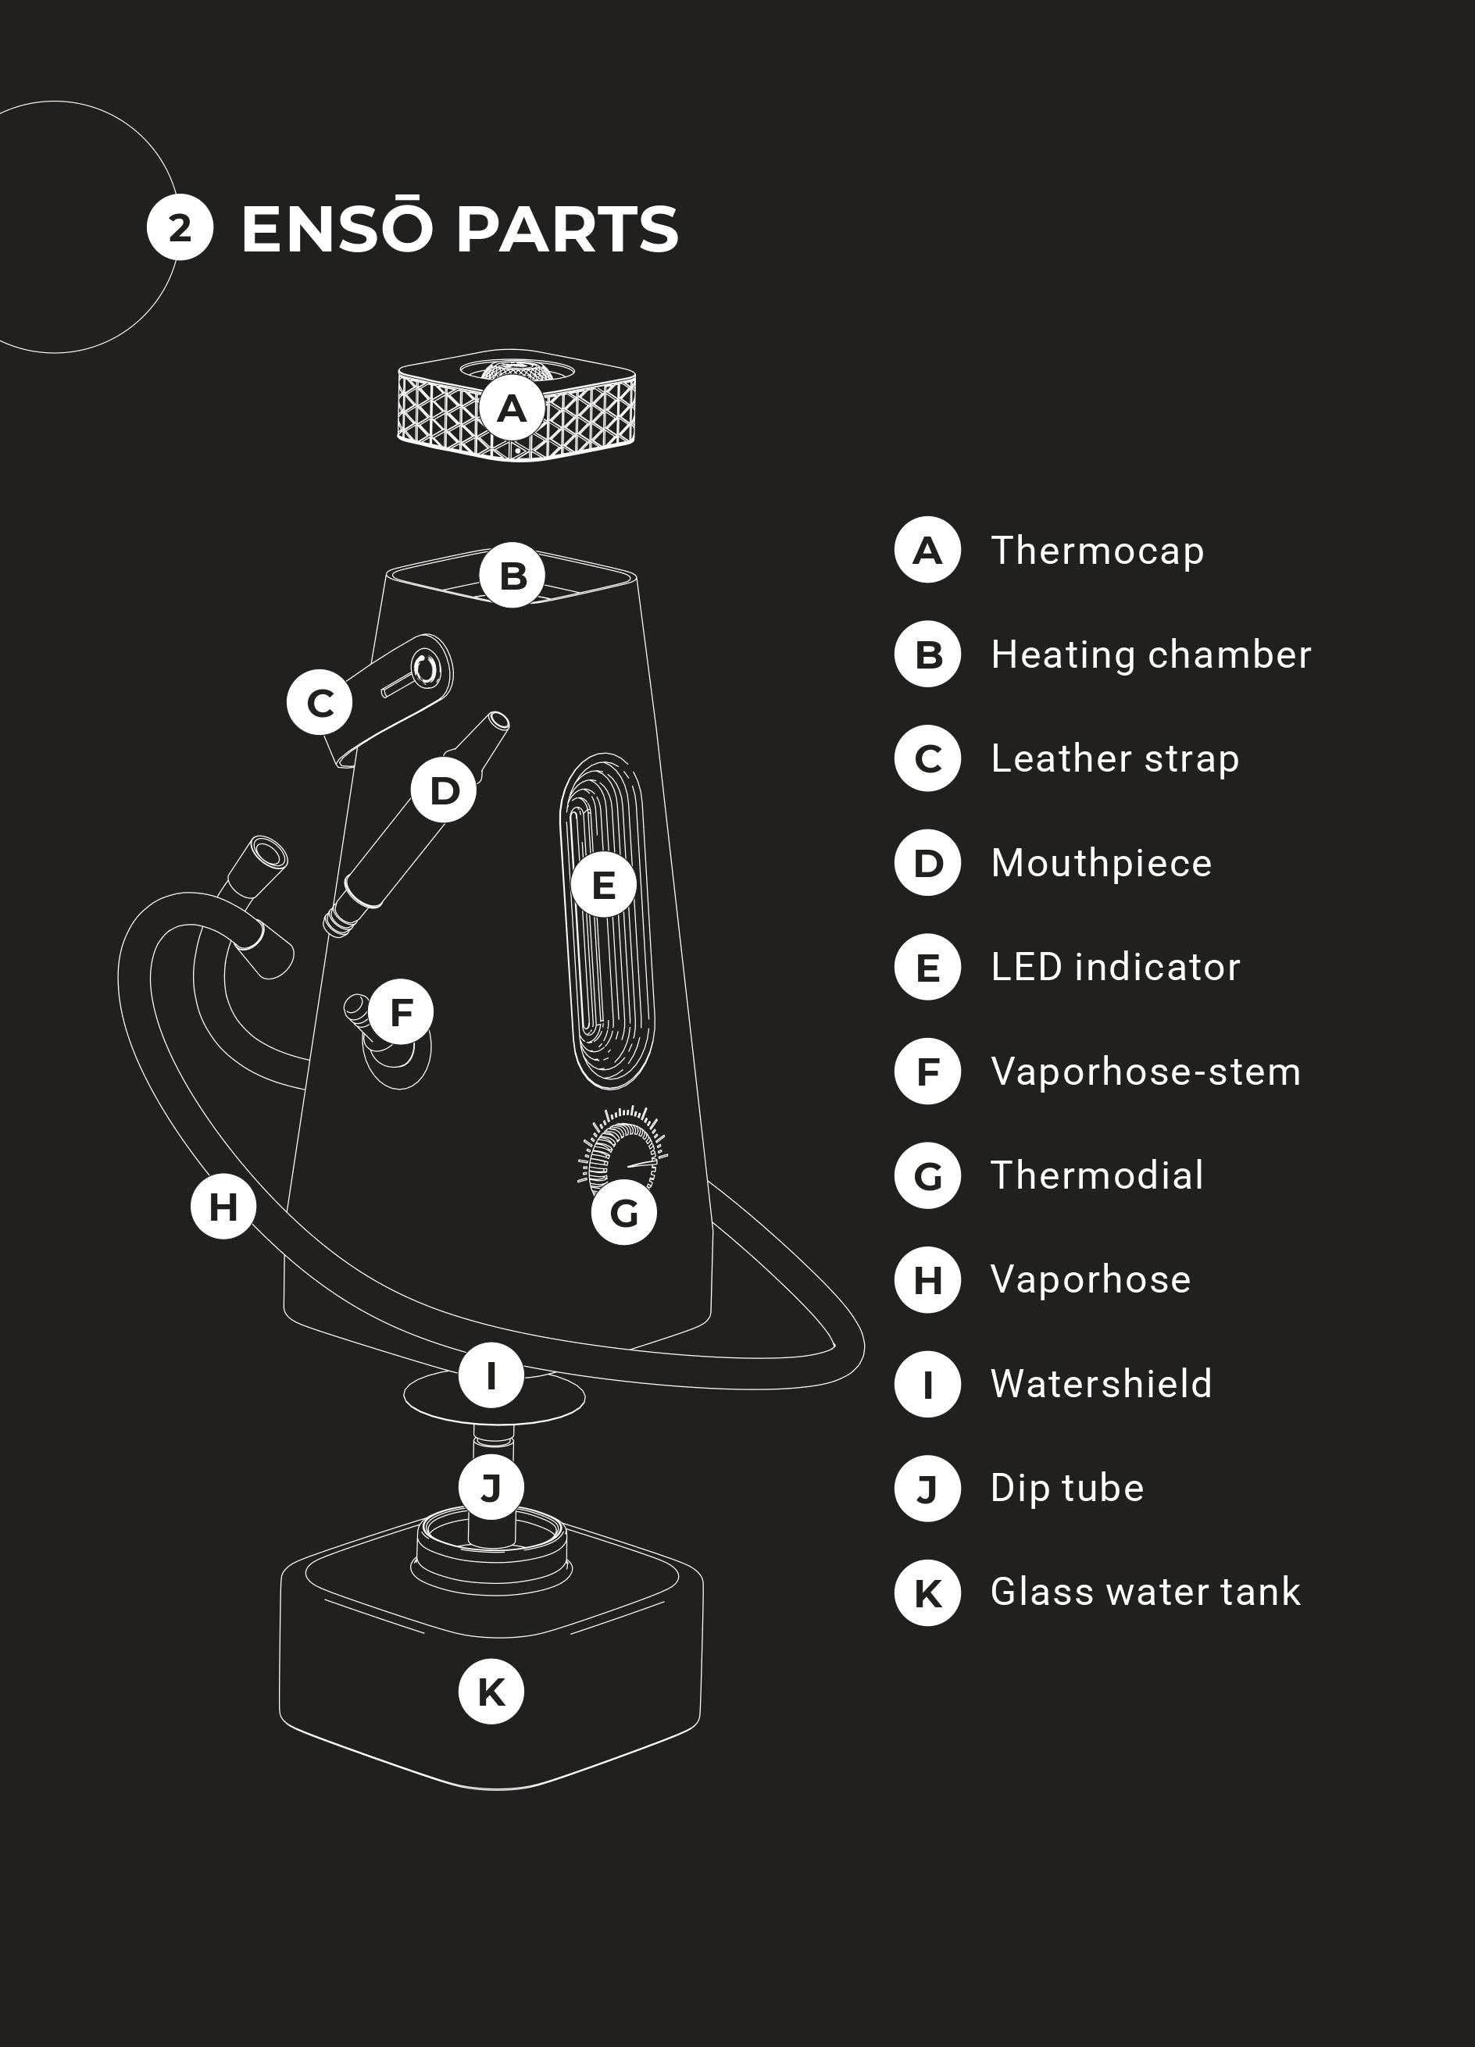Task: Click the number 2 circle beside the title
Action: click(180, 227)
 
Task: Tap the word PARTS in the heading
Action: click(567, 230)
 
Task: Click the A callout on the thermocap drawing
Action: click(512, 408)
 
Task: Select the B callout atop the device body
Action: click(512, 575)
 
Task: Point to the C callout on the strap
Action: click(320, 702)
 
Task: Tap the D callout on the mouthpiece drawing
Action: click(443, 790)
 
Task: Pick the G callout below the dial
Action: click(623, 1212)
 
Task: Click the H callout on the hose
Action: click(223, 1206)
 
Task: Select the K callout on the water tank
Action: click(491, 1692)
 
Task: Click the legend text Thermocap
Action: click(1097, 551)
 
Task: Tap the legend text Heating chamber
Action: click(1150, 655)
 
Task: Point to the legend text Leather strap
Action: click(1115, 759)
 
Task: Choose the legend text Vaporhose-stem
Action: click(1145, 1072)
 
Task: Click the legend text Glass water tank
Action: click(1145, 1592)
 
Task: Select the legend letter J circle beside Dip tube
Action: click(927, 1489)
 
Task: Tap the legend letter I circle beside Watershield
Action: click(927, 1384)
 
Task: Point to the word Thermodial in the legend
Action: click(1097, 1175)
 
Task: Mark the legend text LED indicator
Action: click(1116, 968)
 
